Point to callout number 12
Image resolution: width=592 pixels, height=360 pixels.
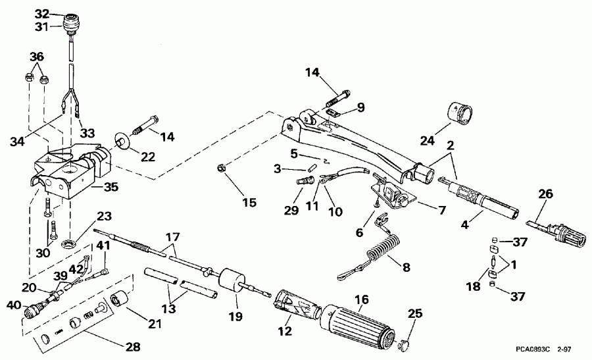[284, 332]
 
